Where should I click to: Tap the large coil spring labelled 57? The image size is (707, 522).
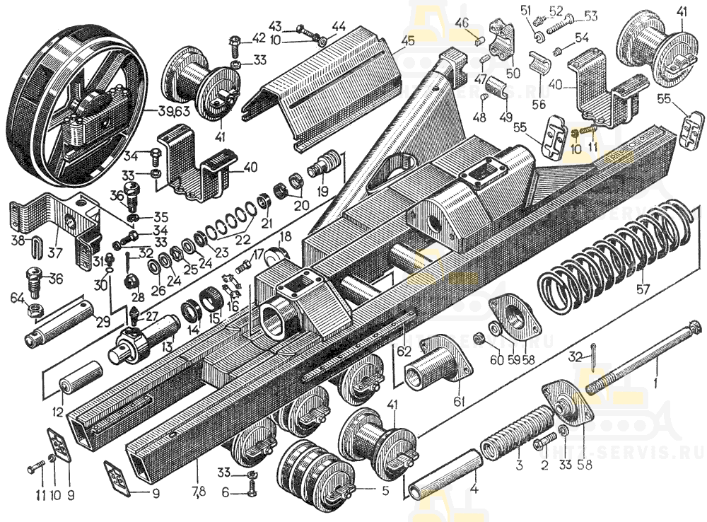click(x=608, y=255)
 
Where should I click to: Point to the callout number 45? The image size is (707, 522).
click(x=406, y=40)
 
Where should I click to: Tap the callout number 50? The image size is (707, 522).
click(x=513, y=73)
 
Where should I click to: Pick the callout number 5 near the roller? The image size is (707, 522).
click(x=385, y=488)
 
